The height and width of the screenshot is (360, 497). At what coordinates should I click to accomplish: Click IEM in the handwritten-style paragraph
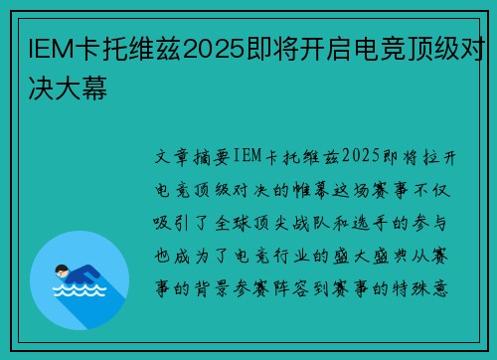tap(245, 157)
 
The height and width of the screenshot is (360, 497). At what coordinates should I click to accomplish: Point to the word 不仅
tap(445, 189)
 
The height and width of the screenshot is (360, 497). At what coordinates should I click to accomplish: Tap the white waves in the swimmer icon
tap(79, 291)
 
